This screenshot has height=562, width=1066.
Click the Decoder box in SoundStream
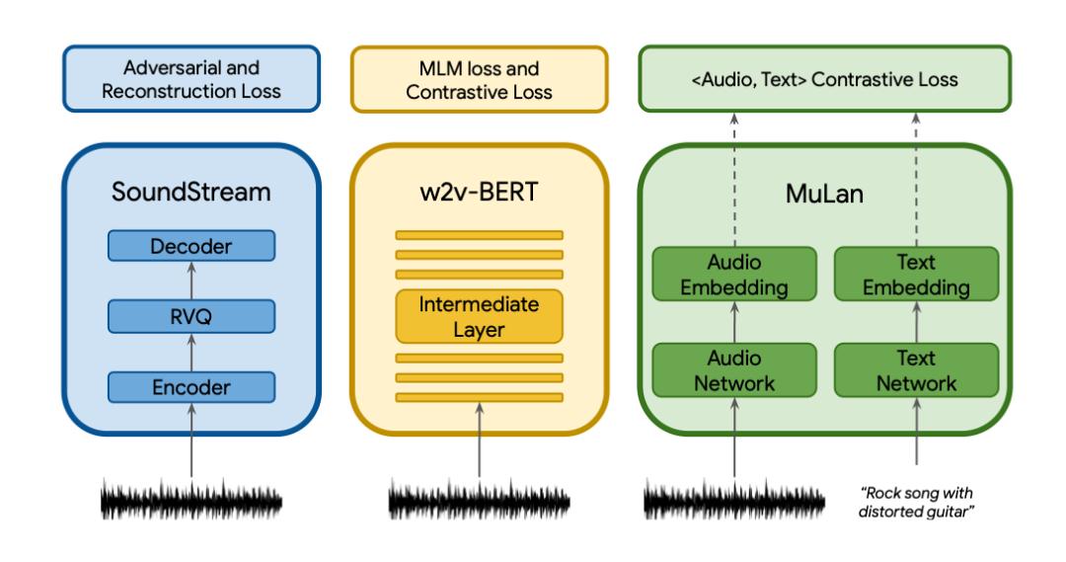click(x=191, y=247)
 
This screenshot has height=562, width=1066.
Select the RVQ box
click(x=191, y=317)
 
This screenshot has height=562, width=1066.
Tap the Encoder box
click(x=191, y=388)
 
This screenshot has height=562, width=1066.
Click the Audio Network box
click(x=734, y=369)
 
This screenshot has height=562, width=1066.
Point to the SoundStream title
click(x=191, y=193)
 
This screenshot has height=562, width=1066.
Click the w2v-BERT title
click(x=479, y=193)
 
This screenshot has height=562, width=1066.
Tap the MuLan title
click(x=825, y=193)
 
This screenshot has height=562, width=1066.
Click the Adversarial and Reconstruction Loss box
click(x=190, y=80)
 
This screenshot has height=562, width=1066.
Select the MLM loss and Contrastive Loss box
click(x=479, y=80)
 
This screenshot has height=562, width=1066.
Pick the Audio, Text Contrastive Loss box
click(x=825, y=80)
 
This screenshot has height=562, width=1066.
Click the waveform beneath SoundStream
click(x=191, y=501)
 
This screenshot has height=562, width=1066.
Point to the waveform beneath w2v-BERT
click(x=479, y=501)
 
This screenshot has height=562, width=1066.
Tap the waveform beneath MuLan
click(x=734, y=501)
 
